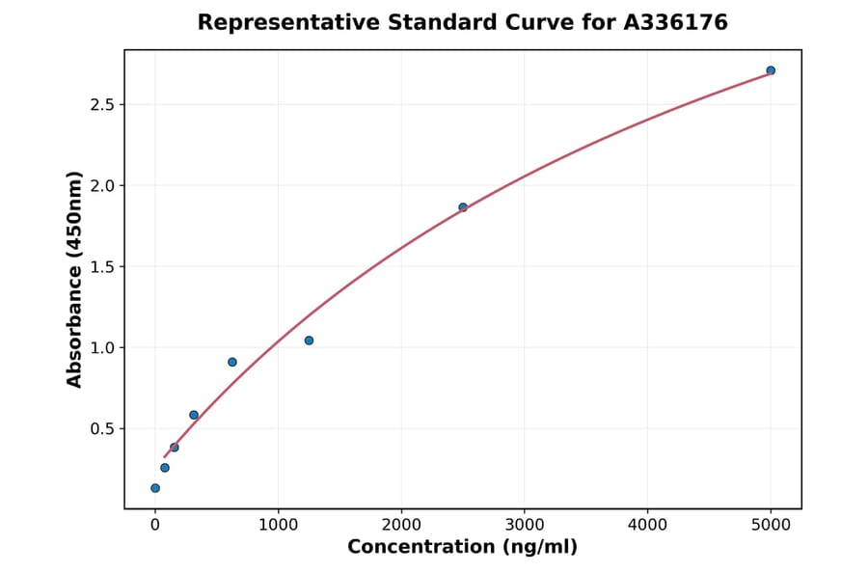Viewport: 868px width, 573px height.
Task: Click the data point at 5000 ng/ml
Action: tap(771, 70)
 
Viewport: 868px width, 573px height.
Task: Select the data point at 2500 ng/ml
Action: tap(463, 207)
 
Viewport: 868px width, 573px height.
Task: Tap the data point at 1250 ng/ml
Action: tap(309, 341)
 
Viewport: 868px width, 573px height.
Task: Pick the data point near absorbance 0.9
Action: tap(232, 362)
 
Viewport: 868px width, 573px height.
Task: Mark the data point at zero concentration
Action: tap(155, 488)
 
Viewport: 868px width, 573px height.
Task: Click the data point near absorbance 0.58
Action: tap(194, 415)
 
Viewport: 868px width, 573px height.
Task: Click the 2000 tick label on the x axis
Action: tap(401, 526)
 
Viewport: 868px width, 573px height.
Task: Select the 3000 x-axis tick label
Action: tap(525, 526)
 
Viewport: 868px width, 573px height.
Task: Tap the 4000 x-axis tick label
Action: tap(647, 526)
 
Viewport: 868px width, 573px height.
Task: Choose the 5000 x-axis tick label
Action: tap(771, 526)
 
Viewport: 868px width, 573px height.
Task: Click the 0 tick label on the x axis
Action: tap(155, 526)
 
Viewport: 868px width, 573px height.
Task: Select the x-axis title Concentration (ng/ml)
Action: tap(462, 548)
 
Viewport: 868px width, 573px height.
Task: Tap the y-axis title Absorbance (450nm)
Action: tap(75, 279)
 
